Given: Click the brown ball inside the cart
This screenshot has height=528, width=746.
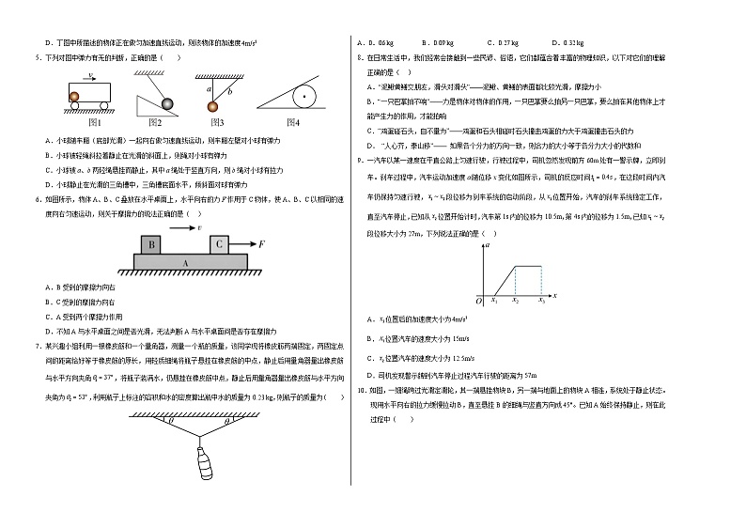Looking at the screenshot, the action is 73,95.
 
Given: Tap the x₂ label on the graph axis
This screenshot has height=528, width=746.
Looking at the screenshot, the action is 515,301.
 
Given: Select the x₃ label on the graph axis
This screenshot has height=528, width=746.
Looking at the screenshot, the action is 542,301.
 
